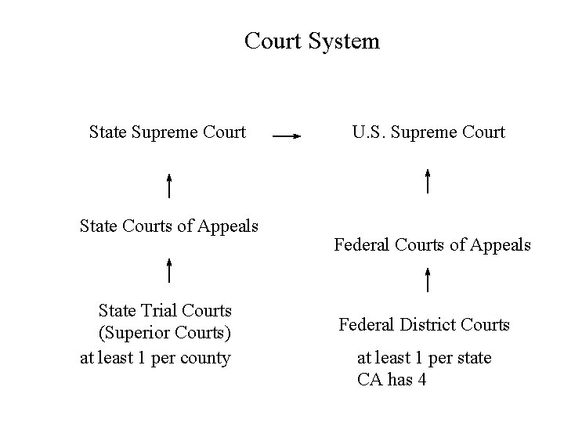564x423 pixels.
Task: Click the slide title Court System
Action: coord(312,41)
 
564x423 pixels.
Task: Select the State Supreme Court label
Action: coord(168,132)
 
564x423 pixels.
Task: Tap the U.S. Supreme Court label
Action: coord(428,132)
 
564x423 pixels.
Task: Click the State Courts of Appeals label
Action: coord(169,226)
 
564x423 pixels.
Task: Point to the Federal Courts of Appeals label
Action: coord(432,245)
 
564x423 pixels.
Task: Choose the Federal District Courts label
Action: coord(424,324)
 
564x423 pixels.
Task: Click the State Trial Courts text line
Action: coord(164,312)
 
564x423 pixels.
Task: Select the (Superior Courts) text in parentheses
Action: coord(164,334)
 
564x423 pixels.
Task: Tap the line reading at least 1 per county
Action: coord(156,358)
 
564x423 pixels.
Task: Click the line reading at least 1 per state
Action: coord(425,358)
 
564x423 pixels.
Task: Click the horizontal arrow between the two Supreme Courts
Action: coord(287,136)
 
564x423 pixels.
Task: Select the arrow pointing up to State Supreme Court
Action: coord(170,186)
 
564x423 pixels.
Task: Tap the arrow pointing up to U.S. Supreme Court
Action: coord(428,180)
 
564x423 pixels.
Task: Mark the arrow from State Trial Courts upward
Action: coord(170,269)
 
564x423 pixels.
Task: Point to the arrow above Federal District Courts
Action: coord(428,280)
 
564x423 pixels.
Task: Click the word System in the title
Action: coord(344,41)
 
